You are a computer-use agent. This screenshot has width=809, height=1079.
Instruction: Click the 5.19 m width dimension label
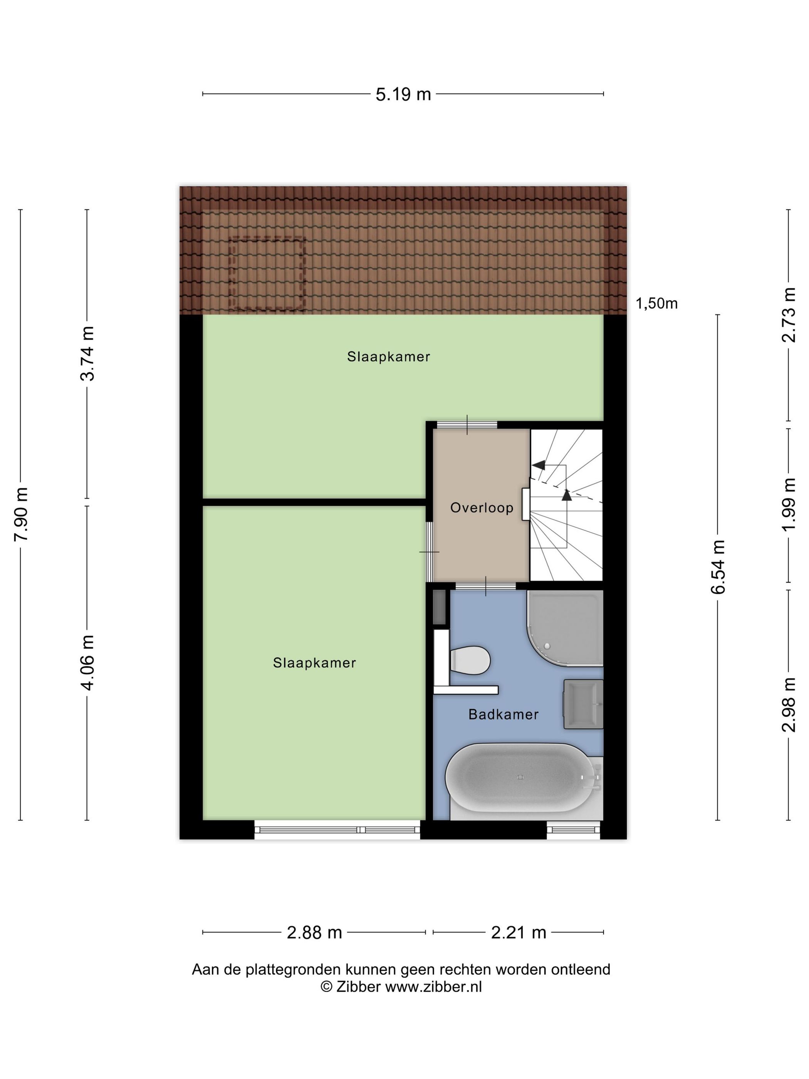[x=403, y=94]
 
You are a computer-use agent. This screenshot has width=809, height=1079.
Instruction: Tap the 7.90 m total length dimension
[x=22, y=514]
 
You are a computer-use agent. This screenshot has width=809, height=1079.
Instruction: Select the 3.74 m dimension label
[x=88, y=353]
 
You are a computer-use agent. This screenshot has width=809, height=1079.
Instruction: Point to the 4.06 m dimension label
[x=88, y=662]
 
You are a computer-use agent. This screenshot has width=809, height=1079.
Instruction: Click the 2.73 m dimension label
[x=789, y=314]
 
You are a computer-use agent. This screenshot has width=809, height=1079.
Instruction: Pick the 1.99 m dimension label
[x=789, y=504]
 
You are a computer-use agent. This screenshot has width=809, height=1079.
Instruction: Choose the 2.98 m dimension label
[x=789, y=704]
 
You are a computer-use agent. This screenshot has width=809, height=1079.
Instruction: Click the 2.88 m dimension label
[x=314, y=933]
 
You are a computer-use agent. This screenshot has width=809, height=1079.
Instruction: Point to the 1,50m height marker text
[x=656, y=304]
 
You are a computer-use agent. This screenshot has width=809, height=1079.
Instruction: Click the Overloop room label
[x=481, y=508]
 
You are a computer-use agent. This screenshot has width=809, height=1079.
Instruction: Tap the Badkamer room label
[x=503, y=714]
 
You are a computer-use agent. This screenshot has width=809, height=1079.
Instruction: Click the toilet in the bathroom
[x=470, y=661]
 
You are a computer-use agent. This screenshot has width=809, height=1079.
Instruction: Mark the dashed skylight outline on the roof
[x=267, y=274]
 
